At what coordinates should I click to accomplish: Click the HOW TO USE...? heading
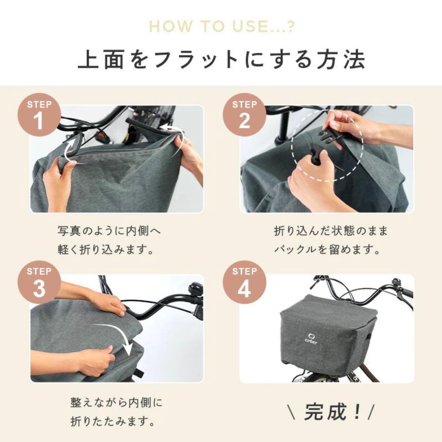pos(222,27)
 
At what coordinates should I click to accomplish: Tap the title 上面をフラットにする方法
pos(221,59)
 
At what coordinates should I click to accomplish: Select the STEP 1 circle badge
pos(39,115)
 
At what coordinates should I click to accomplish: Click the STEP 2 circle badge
pos(244,115)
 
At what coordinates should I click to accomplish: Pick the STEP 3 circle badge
pos(39,282)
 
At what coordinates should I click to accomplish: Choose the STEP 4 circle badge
pos(244,282)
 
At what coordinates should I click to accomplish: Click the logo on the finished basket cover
pos(311,338)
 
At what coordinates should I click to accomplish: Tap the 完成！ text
pos(331,412)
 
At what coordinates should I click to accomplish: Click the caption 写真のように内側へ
pos(109,231)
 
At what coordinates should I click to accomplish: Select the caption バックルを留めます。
pos(327,250)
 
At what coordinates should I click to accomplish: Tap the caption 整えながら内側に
pos(116,403)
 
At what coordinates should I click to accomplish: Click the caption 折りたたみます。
pos(113,421)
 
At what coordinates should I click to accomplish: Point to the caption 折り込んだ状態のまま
pos(331,231)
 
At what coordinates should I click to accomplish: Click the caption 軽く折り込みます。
pos(106,250)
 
